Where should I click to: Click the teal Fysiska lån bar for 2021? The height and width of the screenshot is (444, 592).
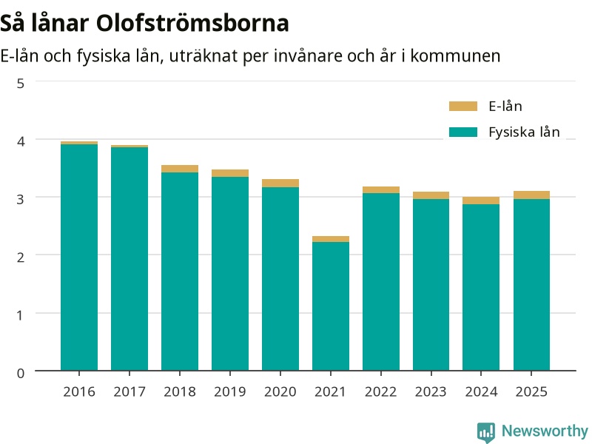330,306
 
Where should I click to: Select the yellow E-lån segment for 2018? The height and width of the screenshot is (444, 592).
180,169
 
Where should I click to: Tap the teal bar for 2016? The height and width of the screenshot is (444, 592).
79,258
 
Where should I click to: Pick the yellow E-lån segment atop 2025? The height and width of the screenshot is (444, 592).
531,195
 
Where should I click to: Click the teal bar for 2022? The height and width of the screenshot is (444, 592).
381,282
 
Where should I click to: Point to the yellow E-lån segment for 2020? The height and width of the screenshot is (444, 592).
280,183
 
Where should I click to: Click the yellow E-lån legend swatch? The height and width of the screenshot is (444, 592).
463,106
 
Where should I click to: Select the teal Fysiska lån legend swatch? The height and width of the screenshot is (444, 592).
463,132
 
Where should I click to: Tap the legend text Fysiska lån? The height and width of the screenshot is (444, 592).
524,132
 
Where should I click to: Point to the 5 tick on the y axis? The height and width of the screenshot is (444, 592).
21,84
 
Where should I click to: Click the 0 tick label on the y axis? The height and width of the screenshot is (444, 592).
21,373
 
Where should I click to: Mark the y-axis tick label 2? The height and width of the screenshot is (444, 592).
21,257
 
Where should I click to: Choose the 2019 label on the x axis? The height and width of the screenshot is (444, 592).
230,391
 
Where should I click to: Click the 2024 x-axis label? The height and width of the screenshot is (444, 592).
481,391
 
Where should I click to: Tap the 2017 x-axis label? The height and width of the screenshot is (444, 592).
129,391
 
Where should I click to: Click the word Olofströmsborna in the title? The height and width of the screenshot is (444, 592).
192,23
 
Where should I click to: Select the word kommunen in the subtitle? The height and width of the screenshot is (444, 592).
455,56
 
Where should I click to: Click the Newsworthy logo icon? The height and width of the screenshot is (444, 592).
486,432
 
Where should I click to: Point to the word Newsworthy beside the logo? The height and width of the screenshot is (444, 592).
545,431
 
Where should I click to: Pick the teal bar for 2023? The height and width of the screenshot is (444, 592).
431,285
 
